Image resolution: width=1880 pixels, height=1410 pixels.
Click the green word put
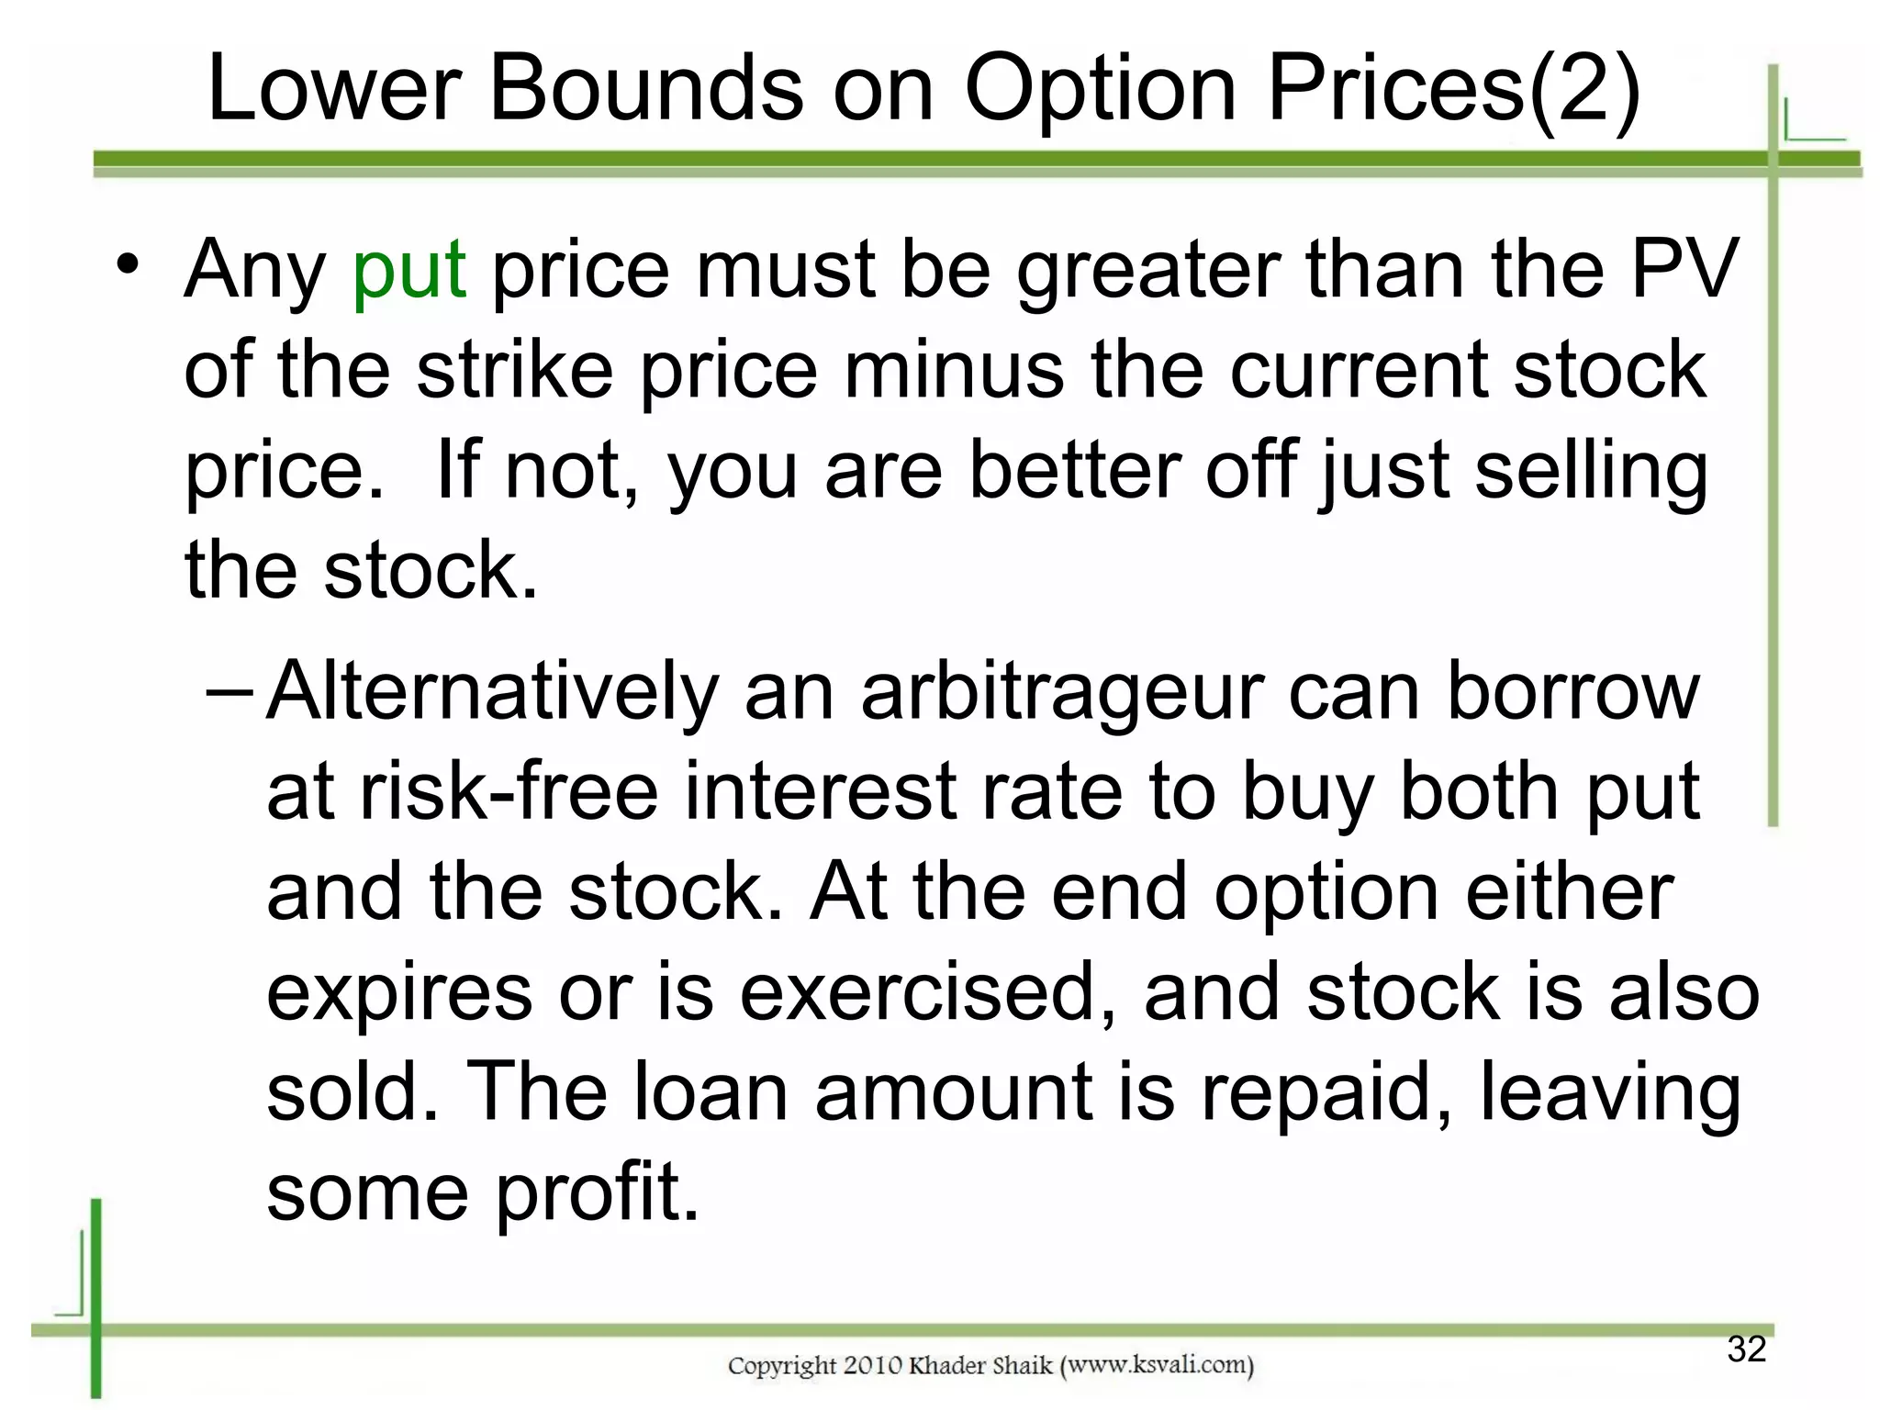[x=409, y=271]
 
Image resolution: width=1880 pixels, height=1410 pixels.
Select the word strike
[x=514, y=370]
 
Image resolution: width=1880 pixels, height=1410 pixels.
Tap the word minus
[x=953, y=370]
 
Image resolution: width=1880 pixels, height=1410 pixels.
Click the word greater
[x=1147, y=271]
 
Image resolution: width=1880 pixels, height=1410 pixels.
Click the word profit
[x=598, y=1192]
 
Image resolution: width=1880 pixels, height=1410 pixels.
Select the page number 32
[x=1746, y=1349]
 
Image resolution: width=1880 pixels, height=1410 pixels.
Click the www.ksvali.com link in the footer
[x=1157, y=1365]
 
